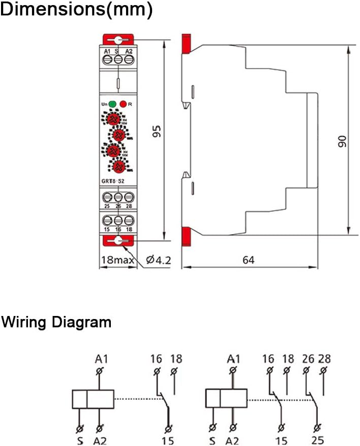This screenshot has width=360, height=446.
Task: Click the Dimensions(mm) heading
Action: tap(76, 11)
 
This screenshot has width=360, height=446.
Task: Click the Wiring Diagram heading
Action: tap(56, 322)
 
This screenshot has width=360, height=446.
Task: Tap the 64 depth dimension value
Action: tap(248, 260)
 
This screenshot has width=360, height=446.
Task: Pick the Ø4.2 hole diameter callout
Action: tap(158, 261)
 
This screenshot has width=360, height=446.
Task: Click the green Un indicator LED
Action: tap(112, 104)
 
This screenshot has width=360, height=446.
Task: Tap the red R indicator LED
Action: tap(123, 104)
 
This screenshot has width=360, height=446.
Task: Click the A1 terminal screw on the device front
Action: tap(108, 59)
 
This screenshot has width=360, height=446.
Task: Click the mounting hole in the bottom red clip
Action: tap(118, 241)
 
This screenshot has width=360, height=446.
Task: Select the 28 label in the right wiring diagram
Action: tap(324, 359)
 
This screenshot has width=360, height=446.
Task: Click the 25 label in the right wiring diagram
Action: tap(318, 439)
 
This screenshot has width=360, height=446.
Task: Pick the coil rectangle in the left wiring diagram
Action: tap(93, 399)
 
